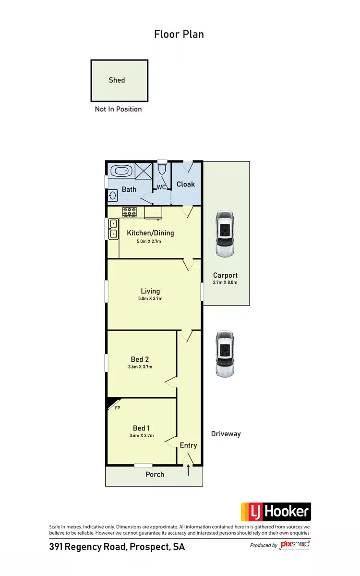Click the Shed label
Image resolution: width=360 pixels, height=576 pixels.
pyautogui.click(x=117, y=80)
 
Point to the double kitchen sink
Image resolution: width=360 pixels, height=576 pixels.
pyautogui.click(x=114, y=229)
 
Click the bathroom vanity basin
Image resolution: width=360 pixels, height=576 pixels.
pyautogui.click(x=113, y=196)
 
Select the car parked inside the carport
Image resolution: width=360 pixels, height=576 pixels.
pyautogui.click(x=224, y=234)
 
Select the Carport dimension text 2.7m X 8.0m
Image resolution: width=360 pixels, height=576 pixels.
pyautogui.click(x=225, y=282)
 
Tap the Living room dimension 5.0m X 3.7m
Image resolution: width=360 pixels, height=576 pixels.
pyautogui.click(x=150, y=298)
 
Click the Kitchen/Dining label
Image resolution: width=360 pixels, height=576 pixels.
pyautogui.click(x=150, y=233)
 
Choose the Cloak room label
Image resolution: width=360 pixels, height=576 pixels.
pyautogui.click(x=186, y=184)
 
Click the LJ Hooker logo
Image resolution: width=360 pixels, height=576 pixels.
pyautogui.click(x=276, y=512)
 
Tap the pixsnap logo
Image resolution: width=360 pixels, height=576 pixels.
pyautogui.click(x=295, y=545)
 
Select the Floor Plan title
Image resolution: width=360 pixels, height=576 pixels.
pyautogui.click(x=179, y=34)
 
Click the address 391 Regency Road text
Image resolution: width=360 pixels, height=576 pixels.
pyautogui.click(x=117, y=547)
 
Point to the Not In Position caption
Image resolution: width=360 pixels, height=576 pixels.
pyautogui.click(x=118, y=109)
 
